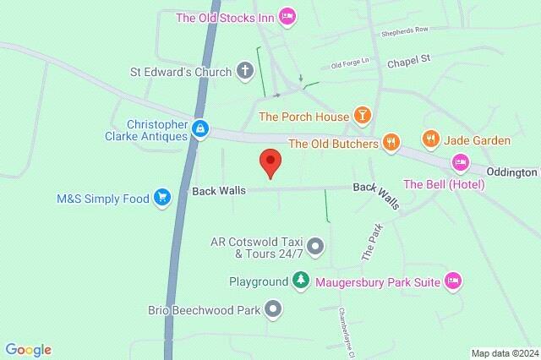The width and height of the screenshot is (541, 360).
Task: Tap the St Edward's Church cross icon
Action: pos(244,71)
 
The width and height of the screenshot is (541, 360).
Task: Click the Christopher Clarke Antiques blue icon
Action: pos(199,128)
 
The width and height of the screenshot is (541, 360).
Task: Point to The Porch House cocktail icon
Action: pos(362,116)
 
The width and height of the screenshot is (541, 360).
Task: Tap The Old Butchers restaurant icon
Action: pos(390,143)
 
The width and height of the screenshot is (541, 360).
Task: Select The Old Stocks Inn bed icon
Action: pos(287,15)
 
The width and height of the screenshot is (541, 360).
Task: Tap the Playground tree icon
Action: pos(300,281)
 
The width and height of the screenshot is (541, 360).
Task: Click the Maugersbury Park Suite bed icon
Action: pos(452,281)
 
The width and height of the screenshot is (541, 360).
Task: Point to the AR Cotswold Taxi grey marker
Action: pos(315,247)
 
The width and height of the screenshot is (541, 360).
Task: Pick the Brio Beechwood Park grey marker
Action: pos(272,310)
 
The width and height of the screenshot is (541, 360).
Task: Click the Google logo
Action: pos(28,349)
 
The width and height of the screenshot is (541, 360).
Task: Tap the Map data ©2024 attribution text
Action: pos(504,352)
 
